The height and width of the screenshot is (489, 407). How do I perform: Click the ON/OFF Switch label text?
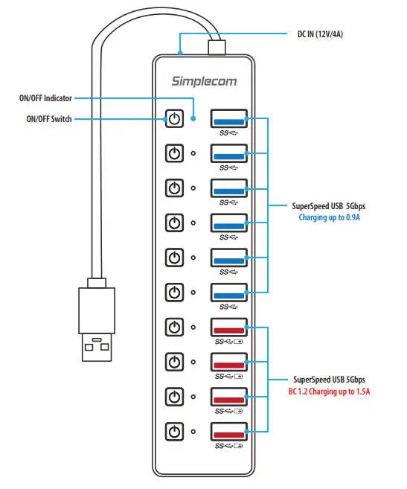point(45,119)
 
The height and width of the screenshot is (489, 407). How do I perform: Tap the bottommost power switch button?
point(174,431)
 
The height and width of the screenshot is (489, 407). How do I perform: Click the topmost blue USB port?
point(228,118)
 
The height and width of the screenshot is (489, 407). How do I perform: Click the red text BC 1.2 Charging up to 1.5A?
point(329,390)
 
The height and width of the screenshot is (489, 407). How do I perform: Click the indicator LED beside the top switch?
point(194,118)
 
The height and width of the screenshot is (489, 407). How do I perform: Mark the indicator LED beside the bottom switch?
point(194,431)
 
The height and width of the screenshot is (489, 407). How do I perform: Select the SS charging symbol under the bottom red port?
point(228,446)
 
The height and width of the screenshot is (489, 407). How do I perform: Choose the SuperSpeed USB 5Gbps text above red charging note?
point(329,378)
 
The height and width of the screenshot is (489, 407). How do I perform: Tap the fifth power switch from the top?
point(174,258)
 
